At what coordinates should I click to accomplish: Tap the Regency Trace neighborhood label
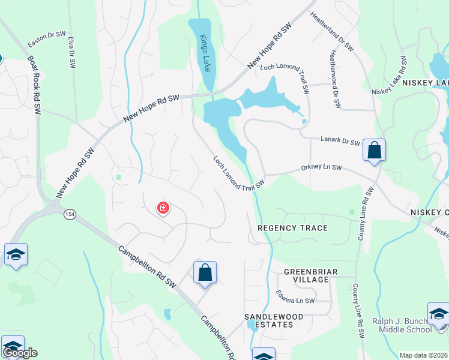293,228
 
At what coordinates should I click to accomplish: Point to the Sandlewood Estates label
268,320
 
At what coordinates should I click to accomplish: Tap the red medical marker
163,208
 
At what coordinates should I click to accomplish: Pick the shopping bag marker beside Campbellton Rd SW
205,272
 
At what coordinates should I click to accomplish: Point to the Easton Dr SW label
47,39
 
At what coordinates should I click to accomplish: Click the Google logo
20,353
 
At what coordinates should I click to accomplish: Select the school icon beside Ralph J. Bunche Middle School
438,314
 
